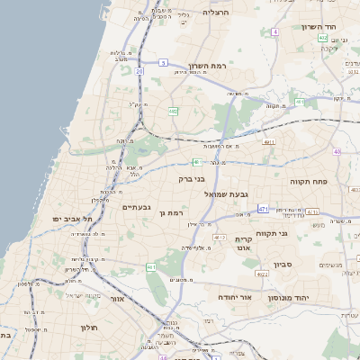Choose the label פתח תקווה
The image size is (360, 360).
coord(311,182)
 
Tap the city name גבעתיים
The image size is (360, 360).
coord(136,207)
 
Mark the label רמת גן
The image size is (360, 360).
coord(170,213)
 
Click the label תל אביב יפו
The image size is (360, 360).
coord(68,219)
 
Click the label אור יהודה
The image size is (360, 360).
coord(238,296)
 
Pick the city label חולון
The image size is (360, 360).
coord(88,328)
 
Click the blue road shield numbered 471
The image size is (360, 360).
coord(264,209)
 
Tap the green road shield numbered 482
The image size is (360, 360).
coord(174,112)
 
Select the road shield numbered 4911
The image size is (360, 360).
coord(268,142)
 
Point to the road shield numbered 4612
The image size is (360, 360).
coord(220,238)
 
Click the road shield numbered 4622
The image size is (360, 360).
coord(262,273)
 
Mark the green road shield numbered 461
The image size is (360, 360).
coord(151,267)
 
